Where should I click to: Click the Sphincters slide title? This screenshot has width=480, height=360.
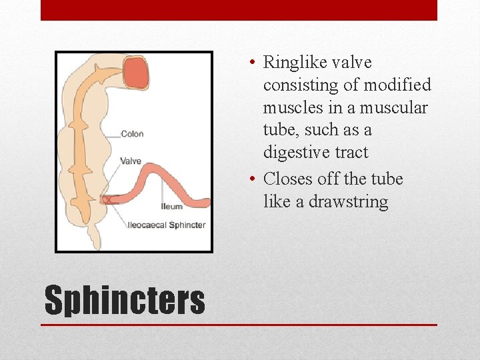click(125, 300)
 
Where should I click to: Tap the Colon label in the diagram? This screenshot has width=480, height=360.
click(132, 134)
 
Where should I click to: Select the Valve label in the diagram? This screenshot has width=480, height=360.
click(130, 161)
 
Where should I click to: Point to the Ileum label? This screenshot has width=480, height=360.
click(171, 207)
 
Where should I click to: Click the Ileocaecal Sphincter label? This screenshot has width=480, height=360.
click(167, 225)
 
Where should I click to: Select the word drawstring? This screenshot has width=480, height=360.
click(348, 202)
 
